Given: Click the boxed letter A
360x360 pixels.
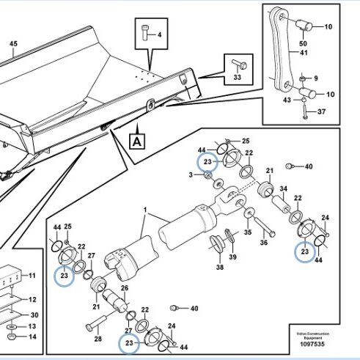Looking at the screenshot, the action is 137,142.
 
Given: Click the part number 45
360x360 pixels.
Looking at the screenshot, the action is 13,44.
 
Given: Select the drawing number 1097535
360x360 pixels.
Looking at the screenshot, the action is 312,344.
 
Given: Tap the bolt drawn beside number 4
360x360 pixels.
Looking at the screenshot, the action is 144,32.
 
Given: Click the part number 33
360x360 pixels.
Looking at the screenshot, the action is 238,77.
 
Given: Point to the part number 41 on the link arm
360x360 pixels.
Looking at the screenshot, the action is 304,53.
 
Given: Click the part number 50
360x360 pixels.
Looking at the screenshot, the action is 303,43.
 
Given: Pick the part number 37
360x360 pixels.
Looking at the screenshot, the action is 322,111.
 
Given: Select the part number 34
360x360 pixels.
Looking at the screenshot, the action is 284,188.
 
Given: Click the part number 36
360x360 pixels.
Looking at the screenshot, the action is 264,242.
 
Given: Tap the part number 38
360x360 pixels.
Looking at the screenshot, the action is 220,267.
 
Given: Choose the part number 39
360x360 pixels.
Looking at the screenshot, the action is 232,257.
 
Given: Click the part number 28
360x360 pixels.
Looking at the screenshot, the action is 98,339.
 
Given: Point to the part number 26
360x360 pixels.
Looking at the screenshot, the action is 125,288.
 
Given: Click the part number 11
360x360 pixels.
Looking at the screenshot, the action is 32,276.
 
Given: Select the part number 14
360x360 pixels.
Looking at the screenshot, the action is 32,337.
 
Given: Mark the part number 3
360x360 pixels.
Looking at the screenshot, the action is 191,175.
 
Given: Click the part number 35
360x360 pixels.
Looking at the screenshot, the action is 248,232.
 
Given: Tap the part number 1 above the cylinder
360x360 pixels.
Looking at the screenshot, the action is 145,210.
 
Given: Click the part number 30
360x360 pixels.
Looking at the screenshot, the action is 34,315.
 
